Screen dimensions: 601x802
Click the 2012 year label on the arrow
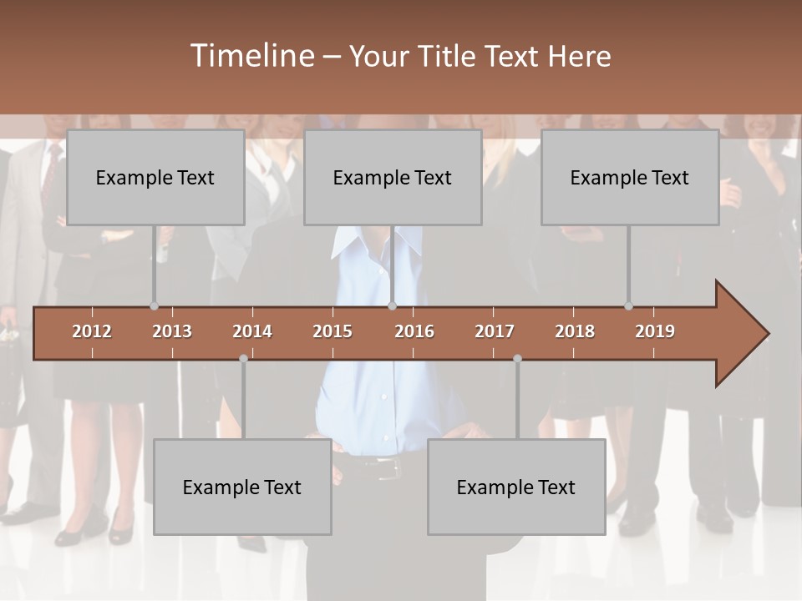point(92,331)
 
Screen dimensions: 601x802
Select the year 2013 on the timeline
point(172,331)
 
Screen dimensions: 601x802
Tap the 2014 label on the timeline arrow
point(252,331)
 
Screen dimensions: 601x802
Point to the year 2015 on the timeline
point(332,331)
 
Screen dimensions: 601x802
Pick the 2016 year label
point(414,331)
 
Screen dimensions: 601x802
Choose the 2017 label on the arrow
point(495,331)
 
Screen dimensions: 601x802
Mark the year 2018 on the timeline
point(575,331)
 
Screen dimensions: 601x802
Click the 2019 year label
point(655,331)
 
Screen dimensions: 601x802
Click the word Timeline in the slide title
point(251,56)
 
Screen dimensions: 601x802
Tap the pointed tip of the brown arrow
point(766,334)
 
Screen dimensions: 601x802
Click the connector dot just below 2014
point(243,358)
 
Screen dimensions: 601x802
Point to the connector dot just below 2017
point(517,358)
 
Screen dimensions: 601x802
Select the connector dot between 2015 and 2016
point(392,306)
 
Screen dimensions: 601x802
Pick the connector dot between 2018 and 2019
point(628,306)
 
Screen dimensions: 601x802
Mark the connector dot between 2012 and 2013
point(154,306)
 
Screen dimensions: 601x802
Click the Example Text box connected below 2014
point(242,487)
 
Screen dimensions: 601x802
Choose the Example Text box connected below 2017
point(516,487)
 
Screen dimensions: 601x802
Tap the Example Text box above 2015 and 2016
point(393,177)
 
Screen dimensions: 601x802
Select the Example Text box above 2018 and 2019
point(630,177)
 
